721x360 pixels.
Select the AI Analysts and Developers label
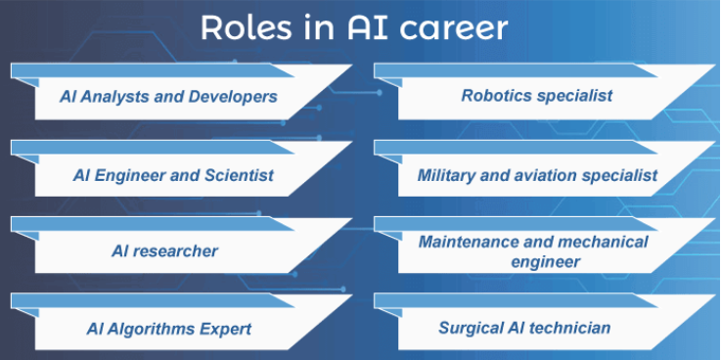[166, 97]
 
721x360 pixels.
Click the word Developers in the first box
[235, 97]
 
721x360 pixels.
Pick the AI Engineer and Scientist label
[173, 176]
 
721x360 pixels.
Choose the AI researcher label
[164, 251]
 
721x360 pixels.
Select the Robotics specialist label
[537, 96]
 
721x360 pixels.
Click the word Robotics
[497, 96]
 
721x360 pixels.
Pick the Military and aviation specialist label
[537, 176]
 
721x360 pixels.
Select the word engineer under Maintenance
[546, 261]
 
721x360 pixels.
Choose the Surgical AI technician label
[524, 328]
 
